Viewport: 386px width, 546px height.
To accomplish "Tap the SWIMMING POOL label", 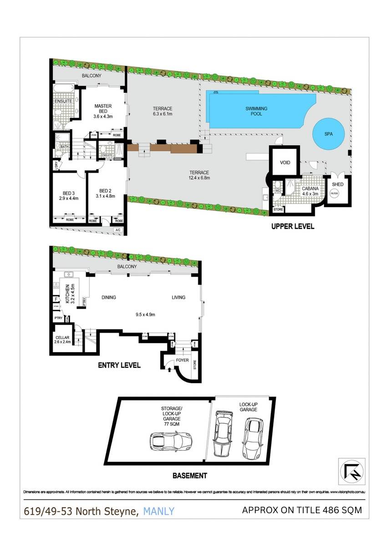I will pos(256,111).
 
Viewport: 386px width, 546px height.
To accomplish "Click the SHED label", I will pos(337,184).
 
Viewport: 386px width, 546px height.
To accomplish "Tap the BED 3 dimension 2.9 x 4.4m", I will pos(69,198).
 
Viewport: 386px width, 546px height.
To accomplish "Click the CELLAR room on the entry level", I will pos(62,340).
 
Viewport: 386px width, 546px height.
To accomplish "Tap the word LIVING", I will pos(178,298).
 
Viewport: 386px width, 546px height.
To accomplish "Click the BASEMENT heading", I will pos(189,476).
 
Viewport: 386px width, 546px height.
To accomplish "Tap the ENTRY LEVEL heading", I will pos(119,365).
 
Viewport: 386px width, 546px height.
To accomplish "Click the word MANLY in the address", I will pos(158,511).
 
